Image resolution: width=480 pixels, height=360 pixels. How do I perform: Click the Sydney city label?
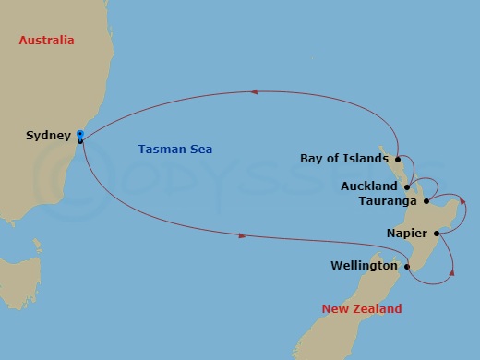pos(48,136)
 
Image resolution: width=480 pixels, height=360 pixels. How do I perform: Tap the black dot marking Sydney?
pos(81,141)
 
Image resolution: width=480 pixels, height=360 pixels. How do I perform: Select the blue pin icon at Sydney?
pos(80,135)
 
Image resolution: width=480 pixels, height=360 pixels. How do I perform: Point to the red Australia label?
pos(47,41)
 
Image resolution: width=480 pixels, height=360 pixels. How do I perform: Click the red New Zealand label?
pos(362,308)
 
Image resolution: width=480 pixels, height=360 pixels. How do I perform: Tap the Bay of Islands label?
pos(344,158)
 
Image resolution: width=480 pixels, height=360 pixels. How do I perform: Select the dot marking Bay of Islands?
pos(397,158)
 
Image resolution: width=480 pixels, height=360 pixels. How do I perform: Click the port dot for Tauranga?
pos(426,200)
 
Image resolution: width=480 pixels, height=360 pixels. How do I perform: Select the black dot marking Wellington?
pos(406,266)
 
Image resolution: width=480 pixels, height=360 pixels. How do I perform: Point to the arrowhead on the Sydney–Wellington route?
pos(243,236)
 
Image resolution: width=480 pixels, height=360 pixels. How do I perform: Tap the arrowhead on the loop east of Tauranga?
pos(464,200)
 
